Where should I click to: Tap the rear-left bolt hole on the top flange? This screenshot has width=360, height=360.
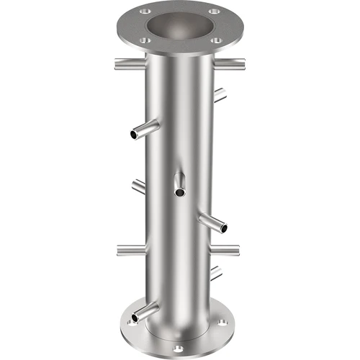tap(146, 12)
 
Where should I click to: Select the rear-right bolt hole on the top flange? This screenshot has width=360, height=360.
tap(214, 12)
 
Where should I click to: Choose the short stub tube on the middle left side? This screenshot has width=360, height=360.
tap(139, 186)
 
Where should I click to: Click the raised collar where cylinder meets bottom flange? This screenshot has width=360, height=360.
tap(180, 333)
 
